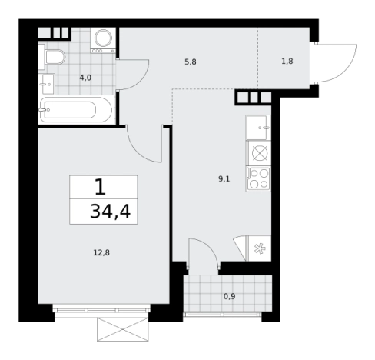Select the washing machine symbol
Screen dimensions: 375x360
103,41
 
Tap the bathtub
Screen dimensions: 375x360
76,110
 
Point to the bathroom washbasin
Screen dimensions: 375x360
47,84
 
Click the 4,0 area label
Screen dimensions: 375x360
85,78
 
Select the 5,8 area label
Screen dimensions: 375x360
191,62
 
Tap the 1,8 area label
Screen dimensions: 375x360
287,62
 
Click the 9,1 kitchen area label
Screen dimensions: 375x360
224,179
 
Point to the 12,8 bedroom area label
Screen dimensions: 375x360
101,253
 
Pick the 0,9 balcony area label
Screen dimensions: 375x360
230,296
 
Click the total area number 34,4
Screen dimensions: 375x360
111,212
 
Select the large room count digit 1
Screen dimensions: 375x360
100,187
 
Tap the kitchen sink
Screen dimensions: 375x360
258,128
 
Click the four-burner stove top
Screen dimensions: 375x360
258,179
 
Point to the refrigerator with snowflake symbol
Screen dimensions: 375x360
258,248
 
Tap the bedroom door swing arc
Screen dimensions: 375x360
138,152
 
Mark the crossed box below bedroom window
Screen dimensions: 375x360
123,329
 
